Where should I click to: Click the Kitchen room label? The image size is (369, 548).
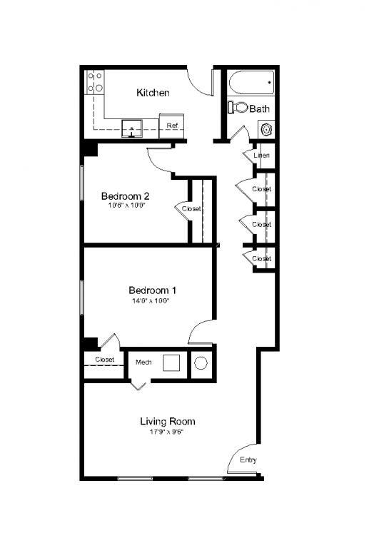tap(153, 93)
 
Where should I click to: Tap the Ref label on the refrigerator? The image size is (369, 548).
tap(172, 126)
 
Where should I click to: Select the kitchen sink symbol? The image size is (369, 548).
tap(132, 128)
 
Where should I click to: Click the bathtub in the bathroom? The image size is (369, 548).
tap(251, 83)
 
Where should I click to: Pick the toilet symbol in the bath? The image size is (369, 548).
tap(239, 108)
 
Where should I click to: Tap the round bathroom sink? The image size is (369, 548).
tap(266, 130)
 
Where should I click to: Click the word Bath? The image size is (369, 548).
tap(260, 109)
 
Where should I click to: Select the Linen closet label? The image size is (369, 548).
tap(261, 155)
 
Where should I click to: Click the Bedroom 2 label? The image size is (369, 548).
tap(125, 196)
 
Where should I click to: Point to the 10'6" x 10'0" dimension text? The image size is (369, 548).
tap(125, 206)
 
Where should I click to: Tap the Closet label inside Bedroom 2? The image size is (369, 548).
tap(191, 209)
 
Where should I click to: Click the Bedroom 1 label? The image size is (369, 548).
tap(152, 290)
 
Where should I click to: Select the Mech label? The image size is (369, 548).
tap(143, 362)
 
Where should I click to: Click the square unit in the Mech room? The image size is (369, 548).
tap(171, 362)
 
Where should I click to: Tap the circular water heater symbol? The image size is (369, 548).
tap(201, 363)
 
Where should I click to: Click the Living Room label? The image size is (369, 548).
tap(167, 421)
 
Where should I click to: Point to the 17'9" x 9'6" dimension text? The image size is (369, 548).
tap(167, 432)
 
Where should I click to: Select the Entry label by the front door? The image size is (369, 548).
tap(248, 460)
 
